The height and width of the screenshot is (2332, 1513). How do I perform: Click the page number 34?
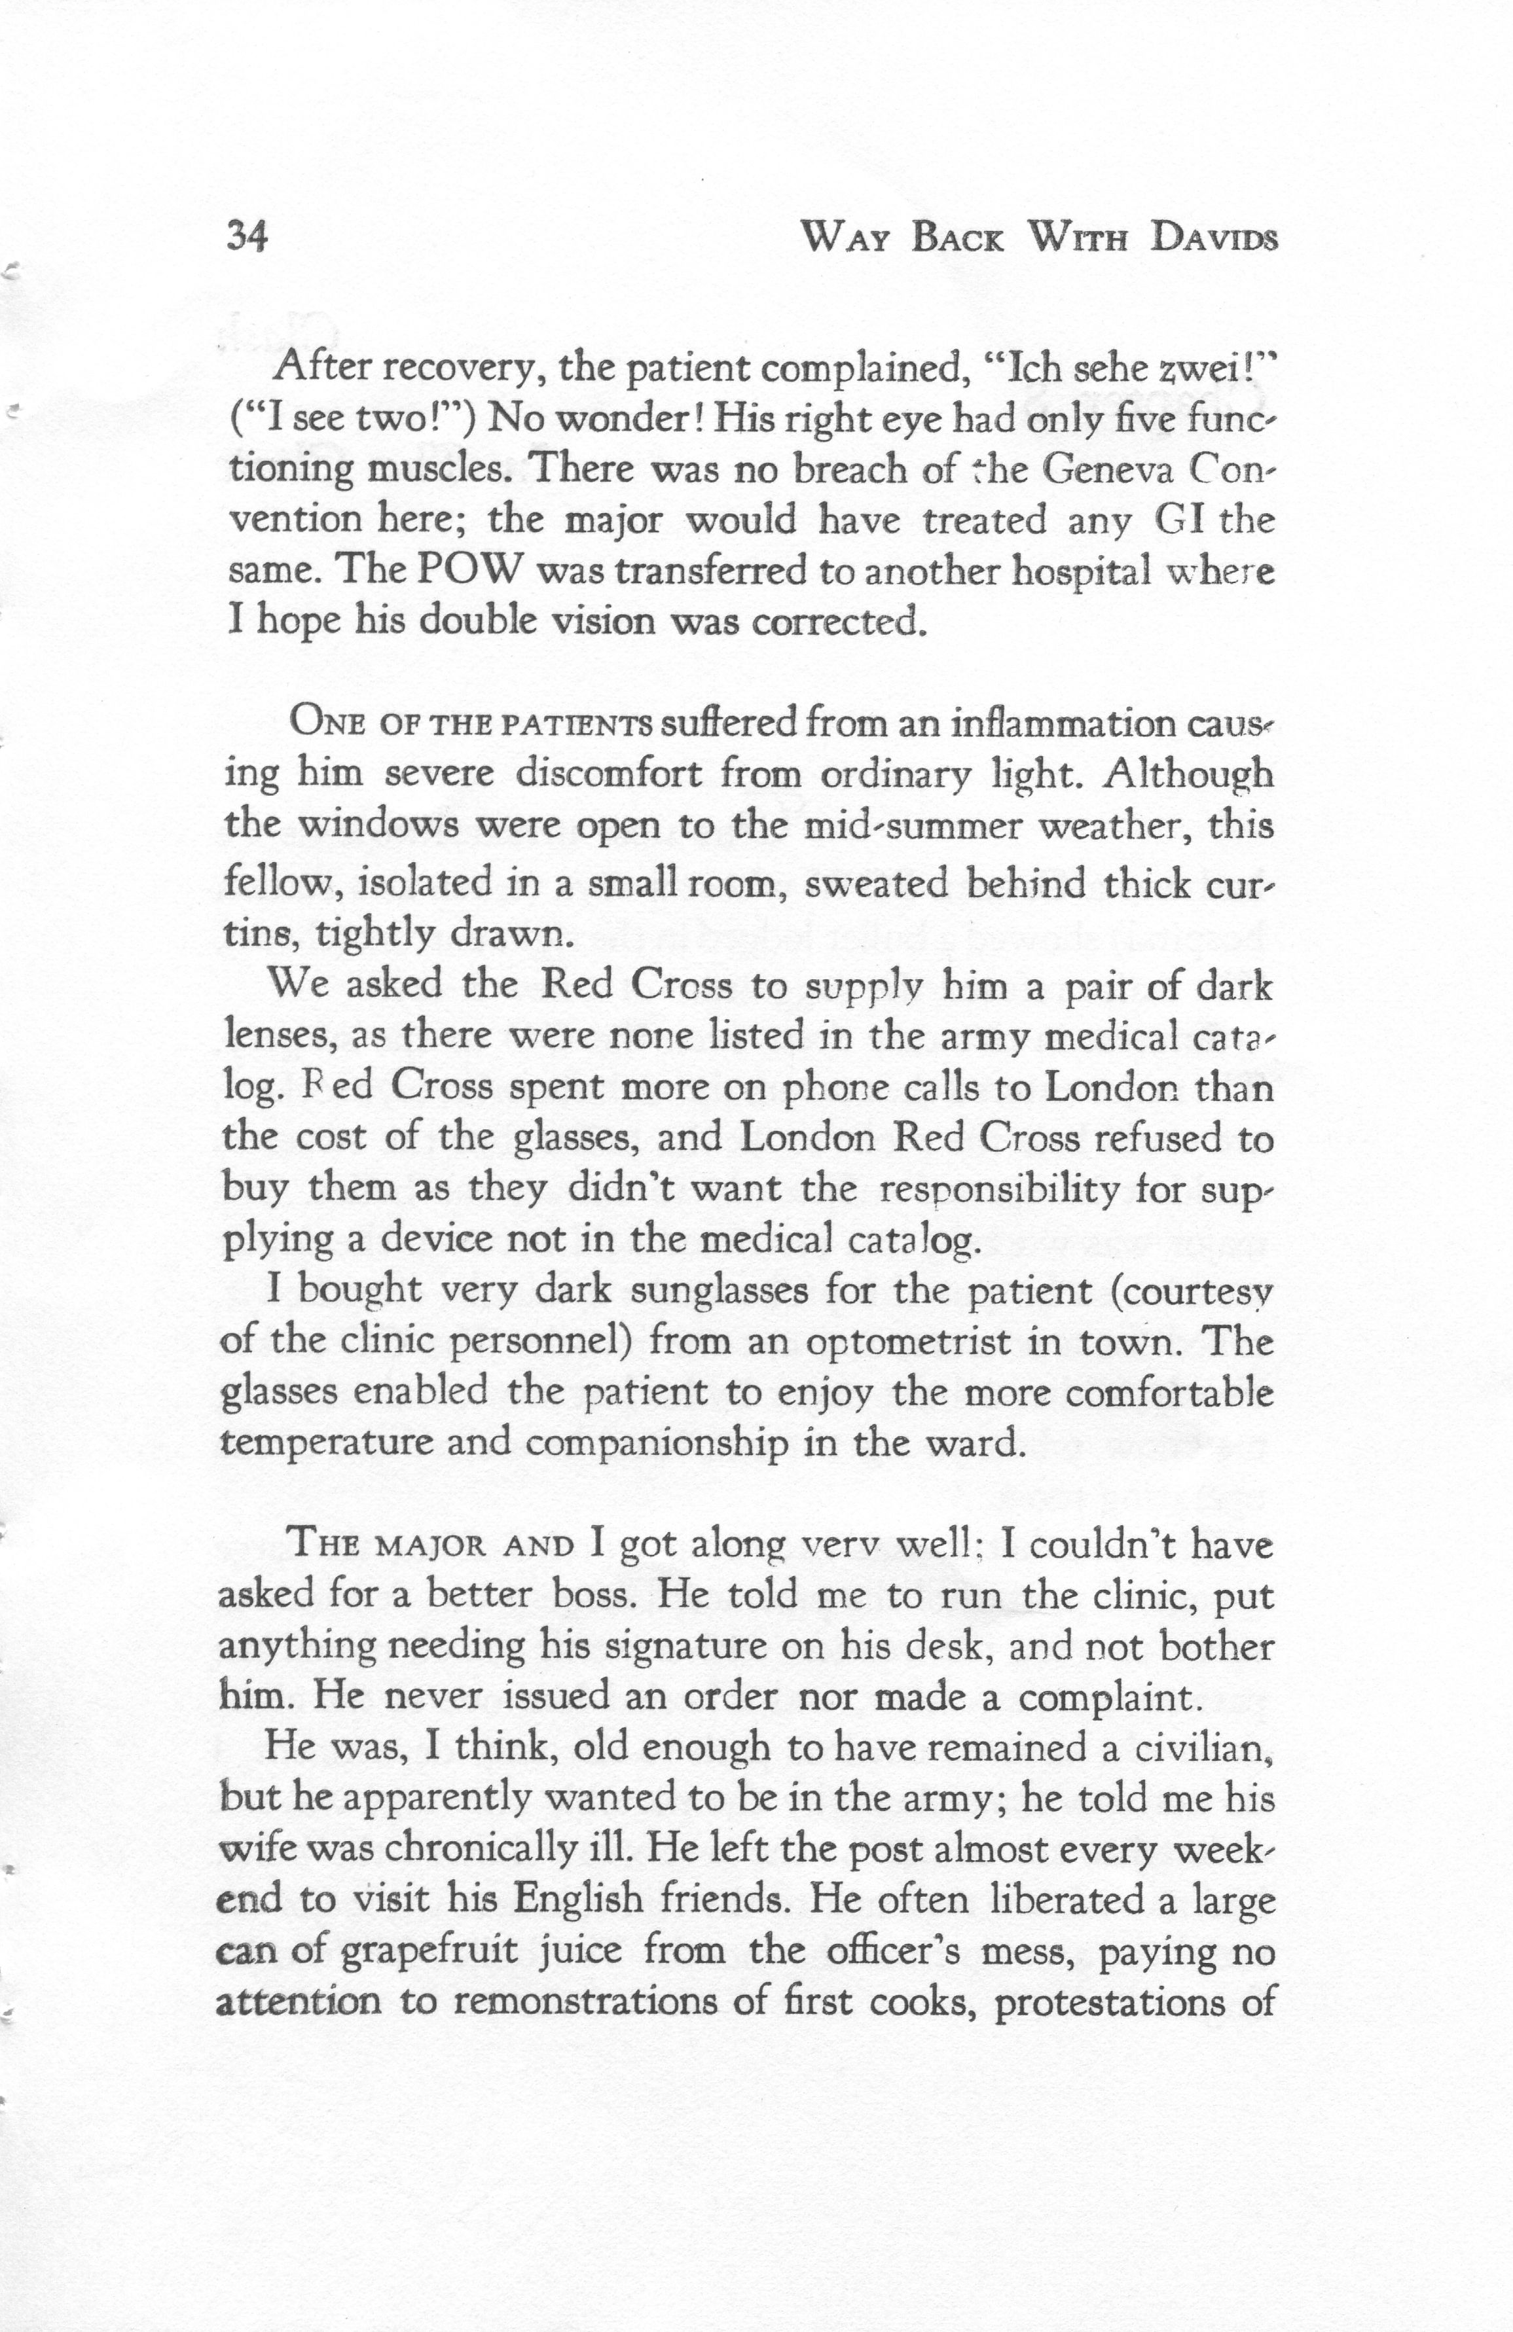coord(246,237)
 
